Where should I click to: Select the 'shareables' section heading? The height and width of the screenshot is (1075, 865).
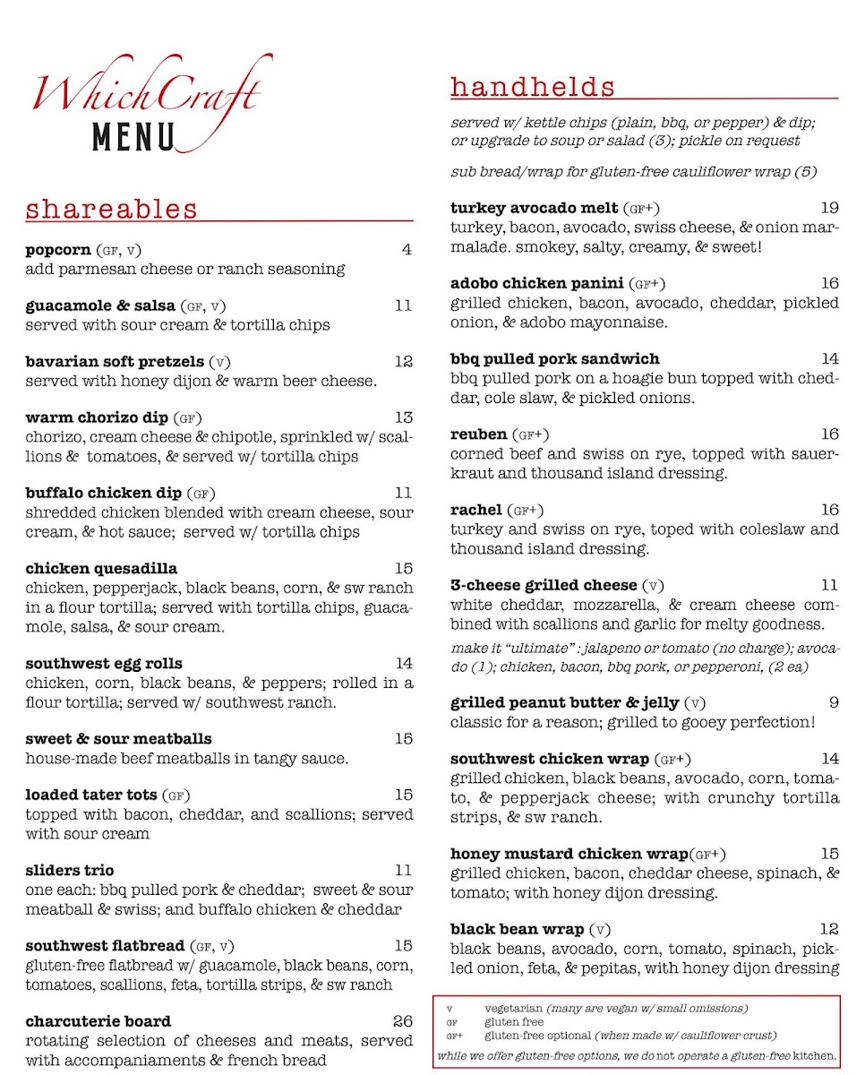click(x=112, y=210)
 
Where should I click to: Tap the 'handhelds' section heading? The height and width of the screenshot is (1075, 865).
click(x=533, y=87)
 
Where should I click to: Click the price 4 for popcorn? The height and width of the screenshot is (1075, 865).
click(x=407, y=250)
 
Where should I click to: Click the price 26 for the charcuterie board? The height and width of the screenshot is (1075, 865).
click(x=403, y=1021)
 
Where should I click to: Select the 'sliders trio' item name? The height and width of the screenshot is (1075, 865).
click(x=70, y=871)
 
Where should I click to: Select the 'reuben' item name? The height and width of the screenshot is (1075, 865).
click(x=478, y=434)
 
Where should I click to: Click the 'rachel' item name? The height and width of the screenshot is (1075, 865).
click(x=475, y=510)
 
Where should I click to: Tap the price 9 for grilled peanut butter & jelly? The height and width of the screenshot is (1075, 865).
click(x=834, y=703)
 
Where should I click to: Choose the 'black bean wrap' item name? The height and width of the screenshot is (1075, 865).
click(x=518, y=929)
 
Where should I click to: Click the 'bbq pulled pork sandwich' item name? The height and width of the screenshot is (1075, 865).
click(x=555, y=359)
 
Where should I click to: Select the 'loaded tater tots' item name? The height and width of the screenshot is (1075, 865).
click(x=91, y=795)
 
